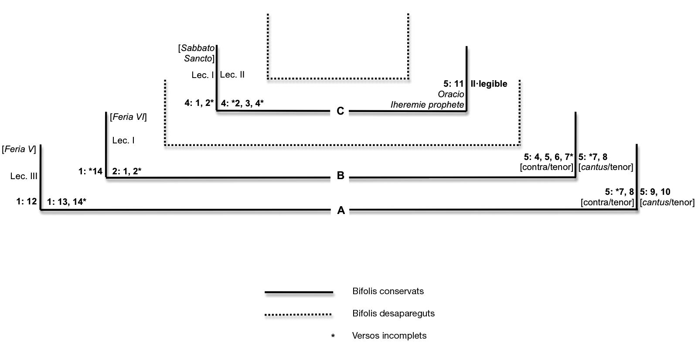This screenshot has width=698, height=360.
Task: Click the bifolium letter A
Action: tap(341, 211)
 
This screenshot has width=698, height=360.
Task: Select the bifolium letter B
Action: tap(340, 176)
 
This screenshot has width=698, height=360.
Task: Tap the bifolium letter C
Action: tap(340, 111)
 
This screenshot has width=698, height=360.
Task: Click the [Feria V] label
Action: tap(19, 149)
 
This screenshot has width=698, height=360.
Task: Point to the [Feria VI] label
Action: tap(128, 117)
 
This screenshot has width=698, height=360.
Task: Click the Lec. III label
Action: tap(24, 176)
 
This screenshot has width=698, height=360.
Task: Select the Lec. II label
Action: tap(232, 75)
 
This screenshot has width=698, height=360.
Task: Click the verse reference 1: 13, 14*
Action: tap(67, 201)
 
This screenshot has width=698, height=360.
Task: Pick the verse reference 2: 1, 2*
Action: tap(126, 171)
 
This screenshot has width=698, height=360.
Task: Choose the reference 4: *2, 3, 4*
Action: tap(242, 103)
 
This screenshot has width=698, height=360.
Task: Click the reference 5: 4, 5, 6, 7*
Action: tap(548, 157)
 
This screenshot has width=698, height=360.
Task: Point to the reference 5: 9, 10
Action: tap(655, 192)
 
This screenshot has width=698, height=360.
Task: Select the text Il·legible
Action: tap(489, 84)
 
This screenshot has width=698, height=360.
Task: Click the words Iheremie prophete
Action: tap(427, 105)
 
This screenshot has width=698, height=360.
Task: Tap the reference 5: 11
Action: tap(453, 84)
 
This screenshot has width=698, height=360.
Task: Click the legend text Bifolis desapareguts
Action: tap(393, 313)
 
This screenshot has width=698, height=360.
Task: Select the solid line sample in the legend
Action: tap(299, 292)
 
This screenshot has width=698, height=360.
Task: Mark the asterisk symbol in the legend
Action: tap(333, 336)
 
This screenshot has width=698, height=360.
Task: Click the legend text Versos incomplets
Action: tap(389, 336)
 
